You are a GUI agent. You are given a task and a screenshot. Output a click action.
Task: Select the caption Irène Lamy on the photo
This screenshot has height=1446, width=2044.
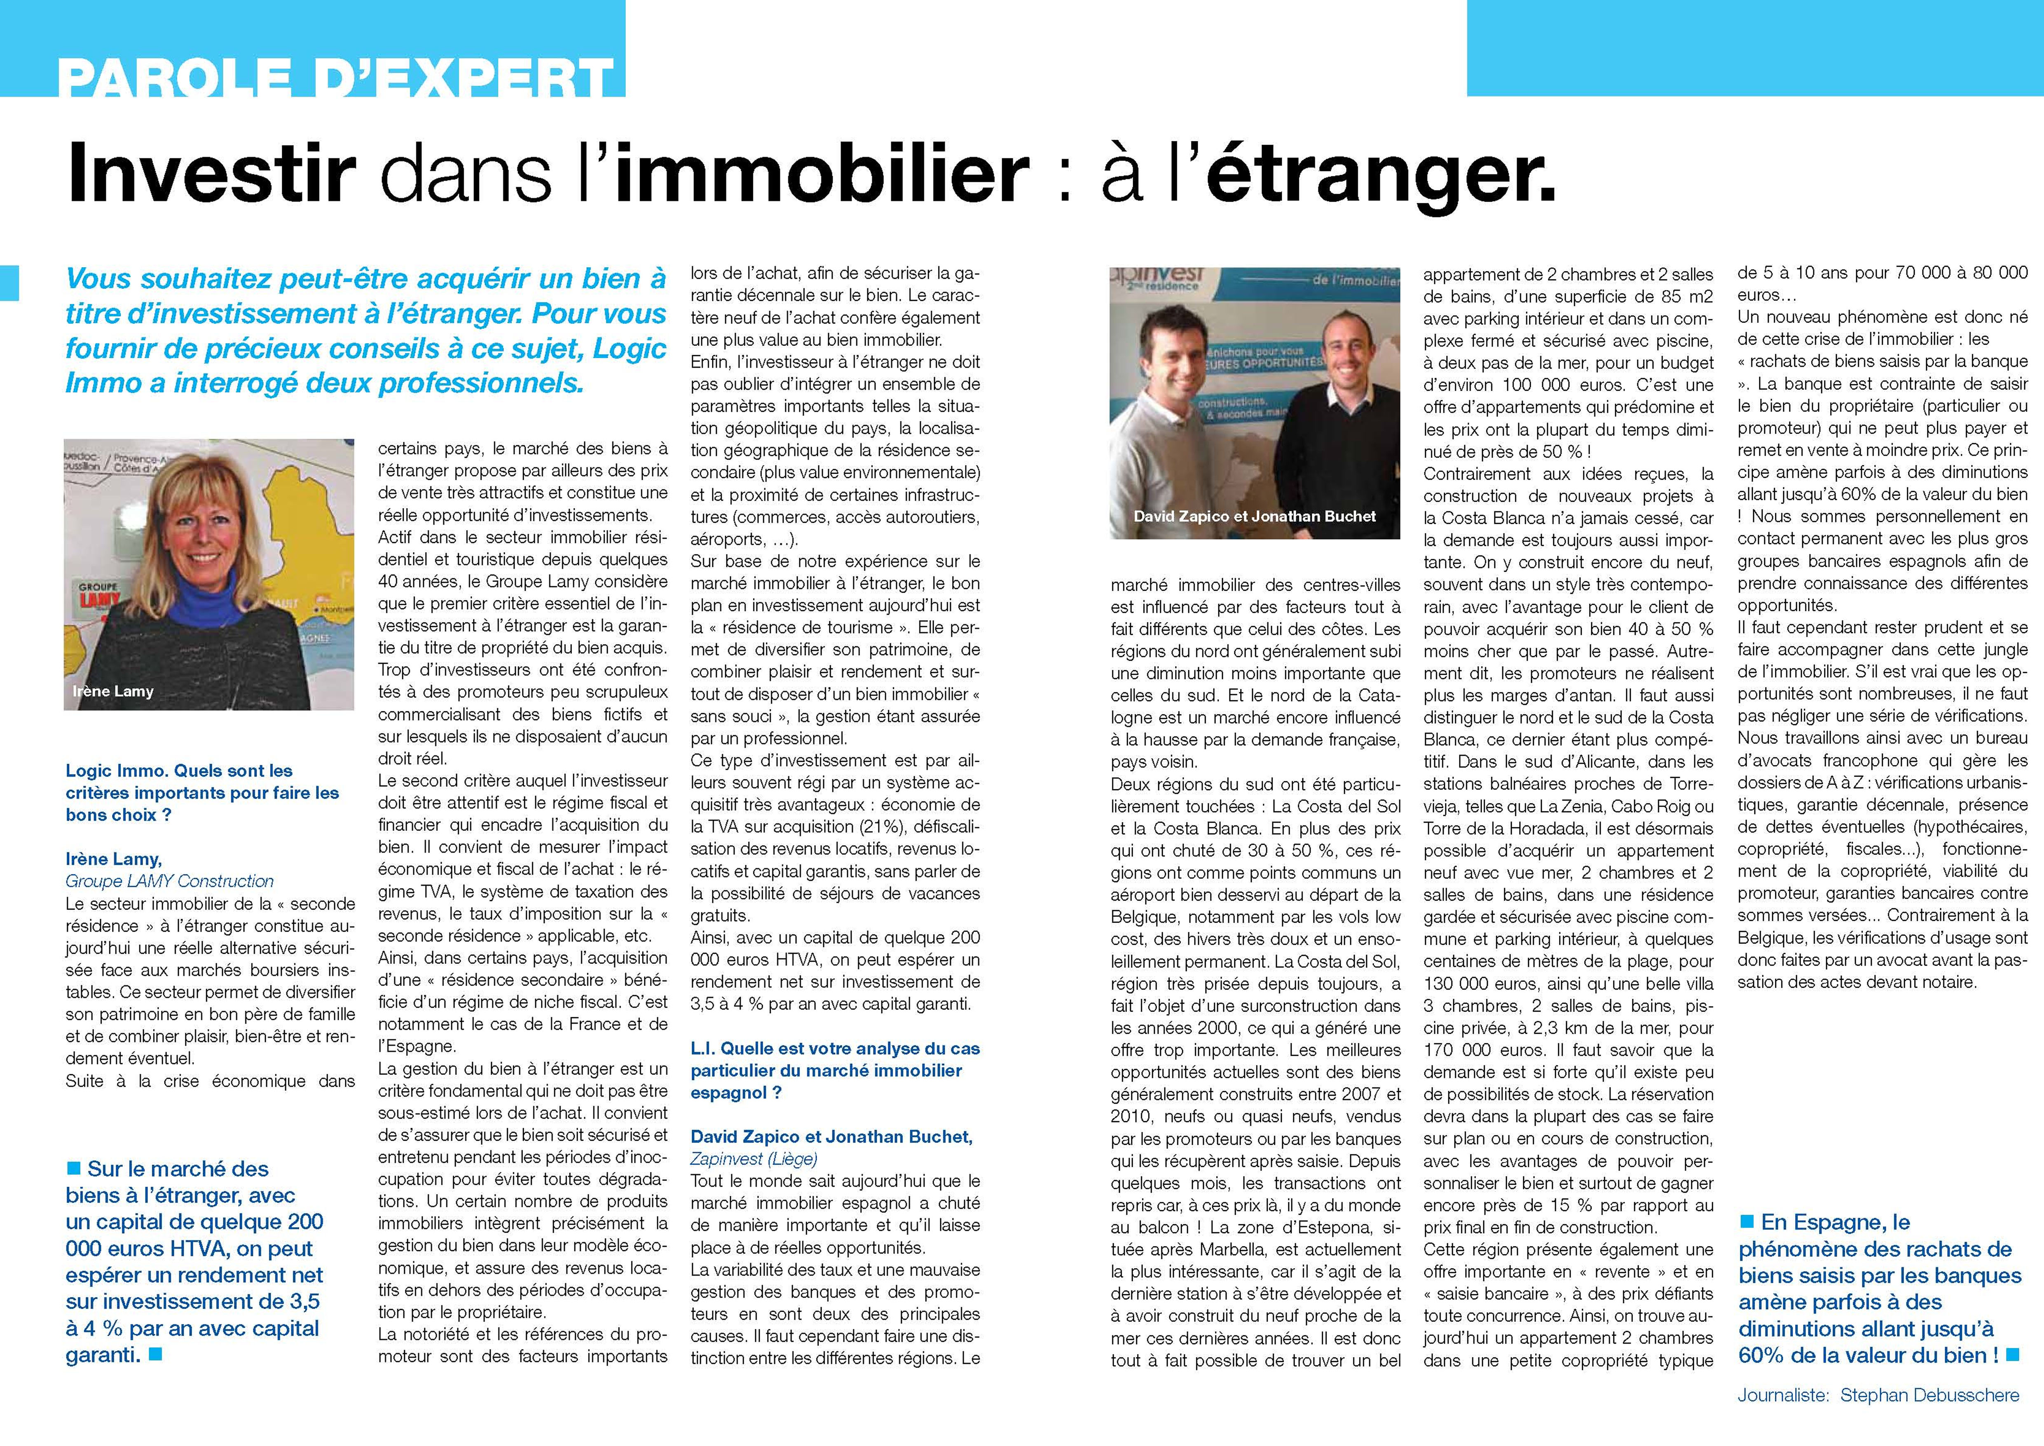(113, 691)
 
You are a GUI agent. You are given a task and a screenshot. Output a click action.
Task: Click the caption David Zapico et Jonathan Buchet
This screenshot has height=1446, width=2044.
(1254, 516)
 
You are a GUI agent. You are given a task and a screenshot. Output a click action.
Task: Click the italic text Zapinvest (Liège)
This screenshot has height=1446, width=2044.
(753, 1158)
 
